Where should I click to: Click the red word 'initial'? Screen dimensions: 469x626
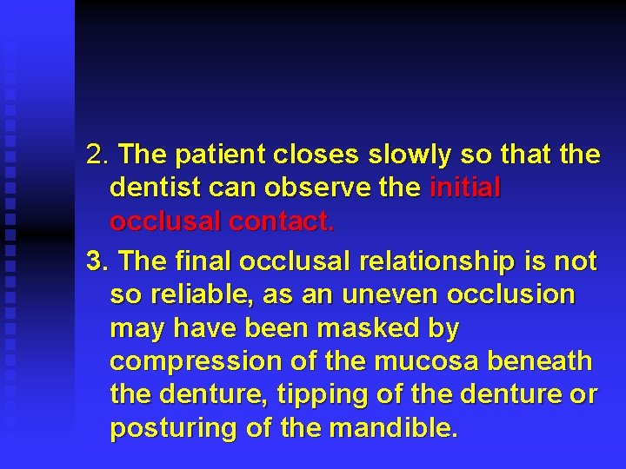465,188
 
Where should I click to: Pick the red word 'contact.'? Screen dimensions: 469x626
281,222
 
